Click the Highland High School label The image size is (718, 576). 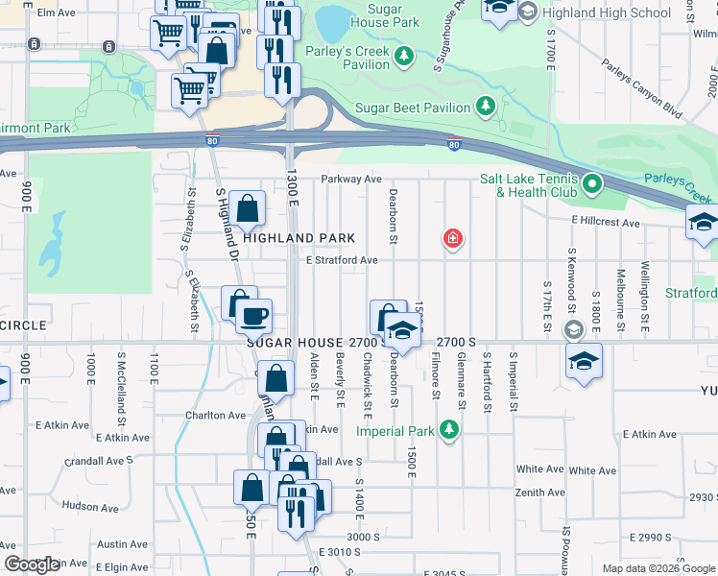[x=607, y=12]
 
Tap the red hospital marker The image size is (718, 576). [x=451, y=238]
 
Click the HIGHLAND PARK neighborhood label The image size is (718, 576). [x=299, y=238]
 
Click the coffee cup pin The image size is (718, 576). [x=253, y=315]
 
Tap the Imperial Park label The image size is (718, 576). [x=395, y=431]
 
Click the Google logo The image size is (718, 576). [x=31, y=564]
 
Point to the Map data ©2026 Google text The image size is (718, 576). [x=658, y=568]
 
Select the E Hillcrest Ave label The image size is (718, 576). [x=605, y=223]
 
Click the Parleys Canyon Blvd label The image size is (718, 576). [x=641, y=91]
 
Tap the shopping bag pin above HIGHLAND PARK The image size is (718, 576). [x=247, y=207]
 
